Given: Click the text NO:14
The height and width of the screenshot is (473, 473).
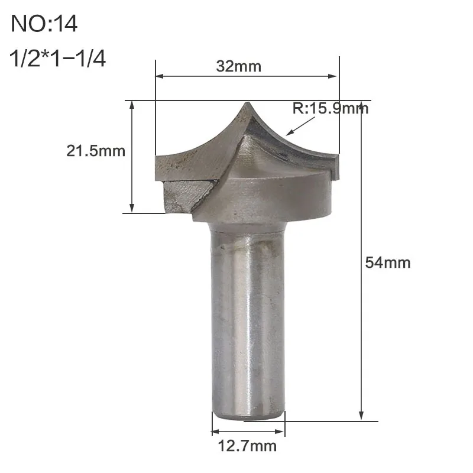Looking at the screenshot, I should click(45, 24).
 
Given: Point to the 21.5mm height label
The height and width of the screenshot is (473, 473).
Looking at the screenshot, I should click(96, 151).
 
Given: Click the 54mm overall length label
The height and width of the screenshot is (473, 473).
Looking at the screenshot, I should click(388, 262).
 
